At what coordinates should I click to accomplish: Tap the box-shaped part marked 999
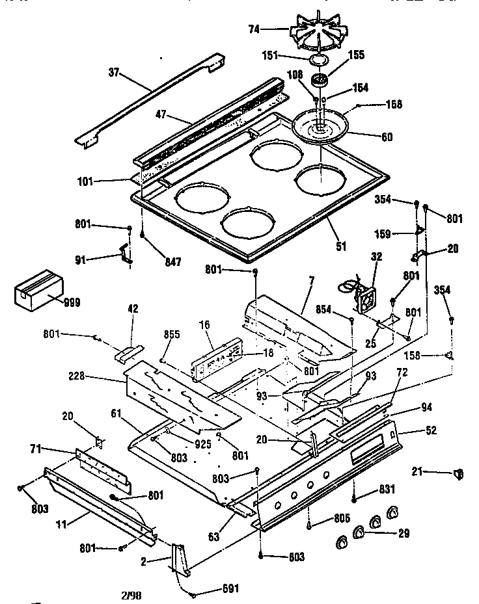coord(40,290)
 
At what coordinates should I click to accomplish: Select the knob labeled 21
coord(458,475)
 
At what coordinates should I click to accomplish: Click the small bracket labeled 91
coord(124,255)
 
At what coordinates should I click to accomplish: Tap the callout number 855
coord(172,334)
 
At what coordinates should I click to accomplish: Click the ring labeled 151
coord(318,60)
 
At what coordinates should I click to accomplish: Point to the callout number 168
coord(394,104)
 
